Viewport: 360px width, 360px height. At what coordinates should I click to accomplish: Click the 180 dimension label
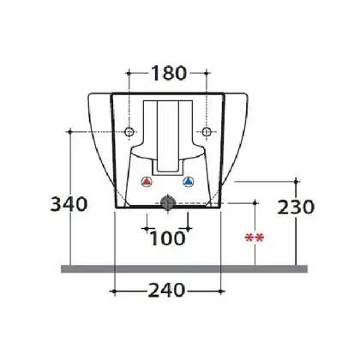pyautogui.click(x=169, y=73)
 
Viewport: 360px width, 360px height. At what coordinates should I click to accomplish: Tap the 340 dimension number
pyautogui.click(x=69, y=204)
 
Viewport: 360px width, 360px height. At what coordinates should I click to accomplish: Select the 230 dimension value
pyautogui.click(x=296, y=207)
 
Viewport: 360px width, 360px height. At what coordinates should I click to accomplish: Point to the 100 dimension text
pyautogui.click(x=167, y=238)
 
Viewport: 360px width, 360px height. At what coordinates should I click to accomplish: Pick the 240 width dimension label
pyautogui.click(x=166, y=291)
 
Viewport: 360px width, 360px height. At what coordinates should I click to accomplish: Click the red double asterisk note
pyautogui.click(x=255, y=237)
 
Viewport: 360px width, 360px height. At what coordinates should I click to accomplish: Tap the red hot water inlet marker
pyautogui.click(x=147, y=182)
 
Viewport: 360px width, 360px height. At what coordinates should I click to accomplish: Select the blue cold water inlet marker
pyautogui.click(x=188, y=182)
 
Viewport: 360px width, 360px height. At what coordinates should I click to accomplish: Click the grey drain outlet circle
pyautogui.click(x=167, y=202)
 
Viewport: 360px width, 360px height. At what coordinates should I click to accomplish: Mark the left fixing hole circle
pyautogui.click(x=129, y=132)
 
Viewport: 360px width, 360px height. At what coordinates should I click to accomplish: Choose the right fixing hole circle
pyautogui.click(x=207, y=132)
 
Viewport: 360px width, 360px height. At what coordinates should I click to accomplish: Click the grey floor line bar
pyautogui.click(x=184, y=269)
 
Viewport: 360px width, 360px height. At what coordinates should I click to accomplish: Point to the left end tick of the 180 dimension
pyautogui.click(x=129, y=73)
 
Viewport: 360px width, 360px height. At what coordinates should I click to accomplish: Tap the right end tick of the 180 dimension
pyautogui.click(x=207, y=73)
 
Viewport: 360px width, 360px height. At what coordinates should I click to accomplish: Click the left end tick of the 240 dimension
pyautogui.click(x=114, y=291)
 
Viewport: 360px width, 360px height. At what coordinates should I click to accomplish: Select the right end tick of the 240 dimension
pyautogui.click(x=221, y=291)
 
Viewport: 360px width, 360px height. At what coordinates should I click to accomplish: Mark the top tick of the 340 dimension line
pyautogui.click(x=70, y=132)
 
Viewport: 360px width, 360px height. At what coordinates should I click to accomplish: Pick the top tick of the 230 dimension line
pyautogui.click(x=297, y=182)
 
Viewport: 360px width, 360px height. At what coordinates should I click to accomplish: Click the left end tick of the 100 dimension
pyautogui.click(x=147, y=228)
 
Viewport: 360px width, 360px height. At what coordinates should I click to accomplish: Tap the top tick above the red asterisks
pyautogui.click(x=255, y=203)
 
